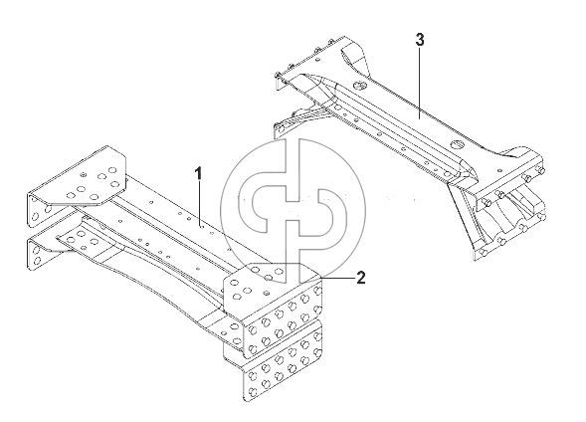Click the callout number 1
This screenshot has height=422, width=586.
point(198,174)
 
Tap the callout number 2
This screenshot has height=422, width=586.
point(360,278)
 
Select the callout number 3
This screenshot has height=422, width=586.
point(420,39)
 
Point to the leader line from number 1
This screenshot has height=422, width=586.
point(200,204)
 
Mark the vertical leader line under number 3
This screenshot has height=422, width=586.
point(420,83)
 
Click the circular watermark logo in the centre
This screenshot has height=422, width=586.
point(293,212)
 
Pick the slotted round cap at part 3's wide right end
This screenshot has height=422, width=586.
point(458,144)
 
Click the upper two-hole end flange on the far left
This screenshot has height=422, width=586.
point(38,210)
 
